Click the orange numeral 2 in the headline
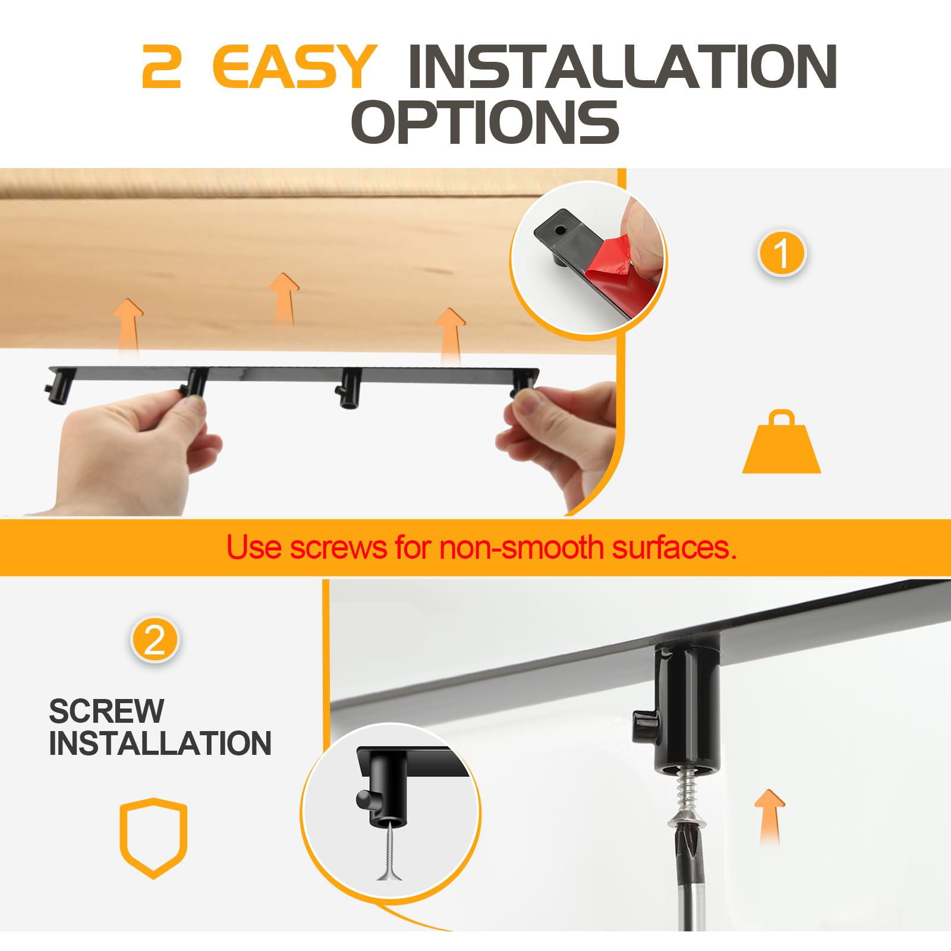162,67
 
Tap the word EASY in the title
294,67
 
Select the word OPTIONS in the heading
484,122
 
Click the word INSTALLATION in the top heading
622,67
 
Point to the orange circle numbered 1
781,253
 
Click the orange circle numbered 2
155,641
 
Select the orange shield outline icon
153,837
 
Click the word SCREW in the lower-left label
106,711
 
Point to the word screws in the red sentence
338,547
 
